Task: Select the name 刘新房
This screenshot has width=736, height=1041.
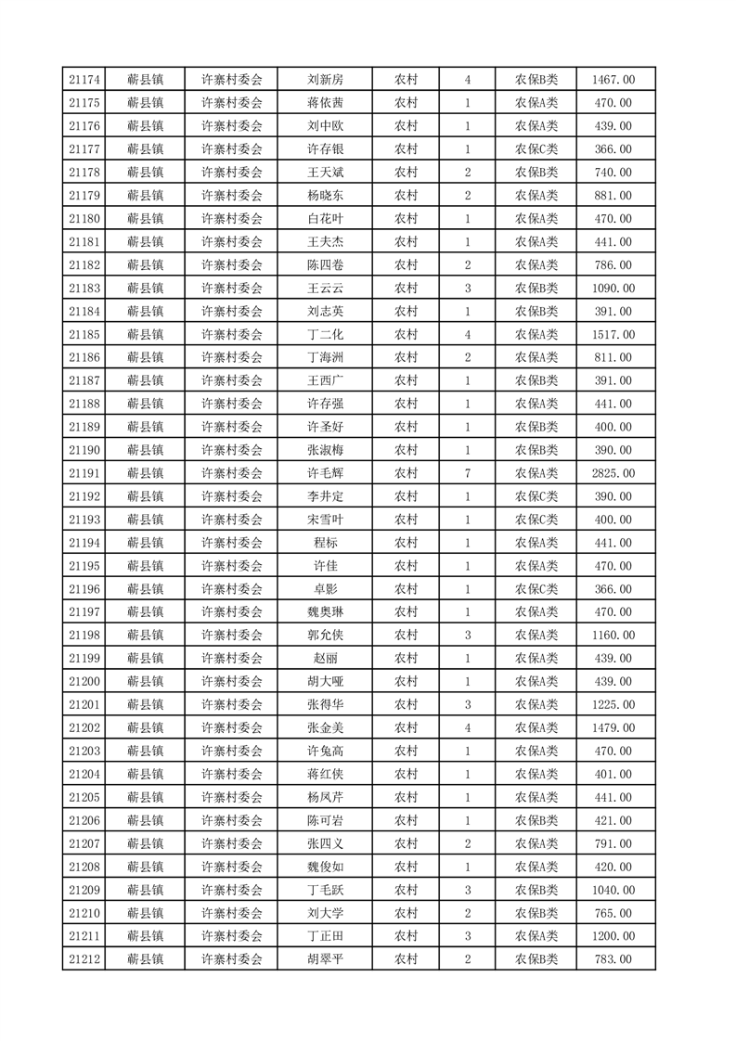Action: pyautogui.click(x=326, y=80)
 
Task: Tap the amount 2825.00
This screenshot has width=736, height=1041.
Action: pyautogui.click(x=613, y=473)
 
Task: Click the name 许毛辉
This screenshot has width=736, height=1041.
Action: pyautogui.click(x=326, y=473)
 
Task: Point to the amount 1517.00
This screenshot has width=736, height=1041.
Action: pyautogui.click(x=613, y=334)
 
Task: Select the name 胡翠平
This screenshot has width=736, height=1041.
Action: pyautogui.click(x=326, y=959)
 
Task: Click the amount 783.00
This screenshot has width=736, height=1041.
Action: pyautogui.click(x=613, y=959)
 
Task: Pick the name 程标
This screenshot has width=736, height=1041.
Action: pyautogui.click(x=326, y=543)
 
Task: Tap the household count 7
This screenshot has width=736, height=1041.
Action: pyautogui.click(x=467, y=473)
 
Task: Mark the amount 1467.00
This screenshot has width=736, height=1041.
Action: pyautogui.click(x=613, y=80)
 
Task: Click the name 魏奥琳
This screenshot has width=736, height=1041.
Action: pyautogui.click(x=326, y=612)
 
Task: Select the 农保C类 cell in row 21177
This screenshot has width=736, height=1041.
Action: pyautogui.click(x=536, y=149)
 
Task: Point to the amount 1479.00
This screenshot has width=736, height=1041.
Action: pyautogui.click(x=613, y=727)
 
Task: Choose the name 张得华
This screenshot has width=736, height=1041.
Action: pyautogui.click(x=326, y=704)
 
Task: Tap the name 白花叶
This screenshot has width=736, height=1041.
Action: pyautogui.click(x=326, y=219)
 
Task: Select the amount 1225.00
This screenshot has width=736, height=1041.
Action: pyautogui.click(x=613, y=704)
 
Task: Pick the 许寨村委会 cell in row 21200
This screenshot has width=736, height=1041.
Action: pyautogui.click(x=232, y=681)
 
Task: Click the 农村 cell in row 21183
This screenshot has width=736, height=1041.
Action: pyautogui.click(x=406, y=289)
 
